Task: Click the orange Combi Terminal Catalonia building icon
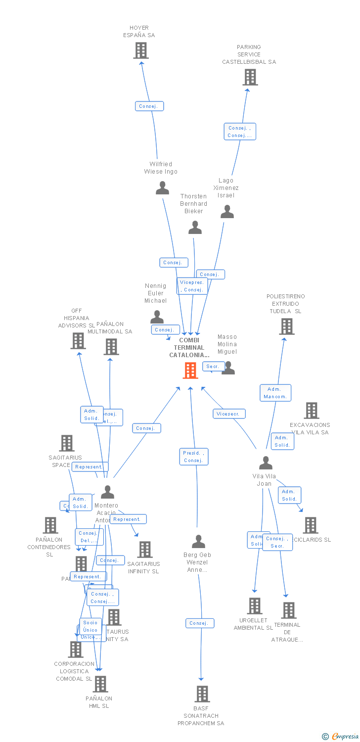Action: click(190, 370)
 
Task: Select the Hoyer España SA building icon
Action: click(141, 50)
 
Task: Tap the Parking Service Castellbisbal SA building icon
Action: click(250, 77)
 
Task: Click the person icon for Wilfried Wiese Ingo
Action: click(162, 188)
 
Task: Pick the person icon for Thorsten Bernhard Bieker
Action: click(195, 228)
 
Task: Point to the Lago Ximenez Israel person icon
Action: click(227, 212)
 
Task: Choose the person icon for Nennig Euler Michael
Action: click(157, 317)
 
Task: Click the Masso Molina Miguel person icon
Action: click(228, 368)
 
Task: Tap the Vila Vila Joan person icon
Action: click(266, 463)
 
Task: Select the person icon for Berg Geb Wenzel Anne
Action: click(198, 542)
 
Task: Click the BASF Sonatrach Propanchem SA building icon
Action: click(202, 694)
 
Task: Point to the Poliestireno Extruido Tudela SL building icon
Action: click(287, 326)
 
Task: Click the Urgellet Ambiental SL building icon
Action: click(255, 605)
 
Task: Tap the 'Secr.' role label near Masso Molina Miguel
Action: click(213, 367)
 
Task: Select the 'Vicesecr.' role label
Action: click(229, 414)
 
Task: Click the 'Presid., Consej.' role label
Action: click(193, 457)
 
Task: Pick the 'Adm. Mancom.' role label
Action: click(275, 393)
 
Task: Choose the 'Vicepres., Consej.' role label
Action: click(192, 286)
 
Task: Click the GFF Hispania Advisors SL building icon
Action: click(78, 340)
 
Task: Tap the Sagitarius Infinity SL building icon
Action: click(145, 549)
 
